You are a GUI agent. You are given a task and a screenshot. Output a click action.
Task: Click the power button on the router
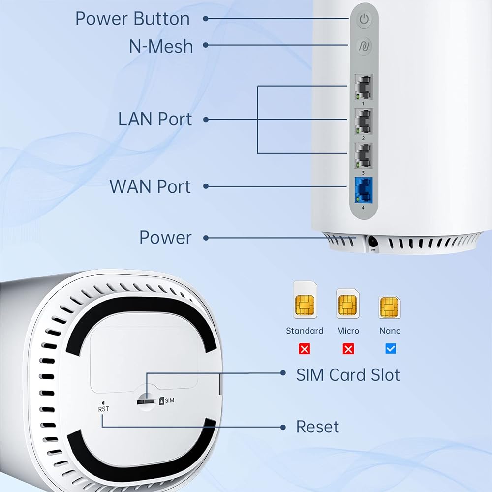[364, 20]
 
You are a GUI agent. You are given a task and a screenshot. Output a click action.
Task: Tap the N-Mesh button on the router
[364, 47]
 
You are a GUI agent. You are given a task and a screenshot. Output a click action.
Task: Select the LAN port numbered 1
[364, 87]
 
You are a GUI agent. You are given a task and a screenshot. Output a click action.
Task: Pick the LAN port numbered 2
[364, 121]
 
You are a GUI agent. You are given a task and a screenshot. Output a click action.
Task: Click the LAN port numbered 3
[364, 155]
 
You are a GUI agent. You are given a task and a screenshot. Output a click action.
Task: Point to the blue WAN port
[363, 190]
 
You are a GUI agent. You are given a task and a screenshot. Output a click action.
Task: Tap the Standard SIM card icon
[305, 300]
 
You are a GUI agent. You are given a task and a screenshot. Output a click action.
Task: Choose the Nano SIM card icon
[390, 307]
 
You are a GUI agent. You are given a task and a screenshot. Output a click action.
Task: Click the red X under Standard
[305, 349]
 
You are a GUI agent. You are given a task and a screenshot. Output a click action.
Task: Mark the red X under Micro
[348, 349]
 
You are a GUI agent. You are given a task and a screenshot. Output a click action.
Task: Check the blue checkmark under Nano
[391, 349]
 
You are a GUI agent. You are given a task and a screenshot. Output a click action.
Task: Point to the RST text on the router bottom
[103, 409]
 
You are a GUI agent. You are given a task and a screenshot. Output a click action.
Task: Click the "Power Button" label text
[132, 19]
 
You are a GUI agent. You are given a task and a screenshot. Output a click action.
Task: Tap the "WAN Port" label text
[150, 186]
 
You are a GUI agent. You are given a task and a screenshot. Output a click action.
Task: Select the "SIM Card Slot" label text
[348, 375]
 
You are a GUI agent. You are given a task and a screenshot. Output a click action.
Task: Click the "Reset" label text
[317, 427]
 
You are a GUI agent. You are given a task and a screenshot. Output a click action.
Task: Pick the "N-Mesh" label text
[161, 46]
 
